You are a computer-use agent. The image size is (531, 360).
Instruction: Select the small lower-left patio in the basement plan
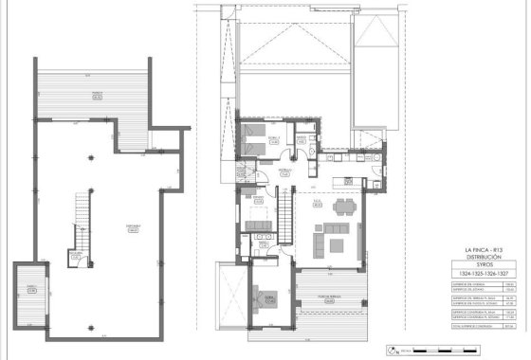(x=30, y=291)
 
